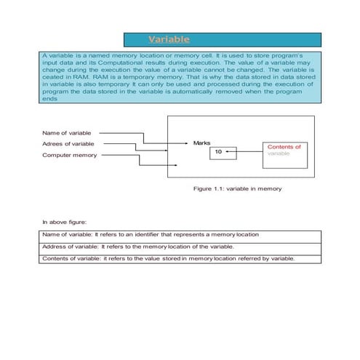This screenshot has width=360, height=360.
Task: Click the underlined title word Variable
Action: click(169, 39)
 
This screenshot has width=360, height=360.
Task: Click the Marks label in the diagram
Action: click(201, 143)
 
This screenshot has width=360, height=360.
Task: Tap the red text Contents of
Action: click(284, 147)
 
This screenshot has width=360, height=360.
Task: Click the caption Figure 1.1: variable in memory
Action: click(237, 188)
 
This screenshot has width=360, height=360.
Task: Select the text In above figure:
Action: click(63, 220)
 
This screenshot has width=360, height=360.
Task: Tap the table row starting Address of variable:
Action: click(138, 247)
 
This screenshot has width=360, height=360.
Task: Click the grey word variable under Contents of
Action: click(279, 154)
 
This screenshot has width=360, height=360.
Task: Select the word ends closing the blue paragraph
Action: click(49, 100)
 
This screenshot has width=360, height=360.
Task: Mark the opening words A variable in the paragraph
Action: click(57, 56)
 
